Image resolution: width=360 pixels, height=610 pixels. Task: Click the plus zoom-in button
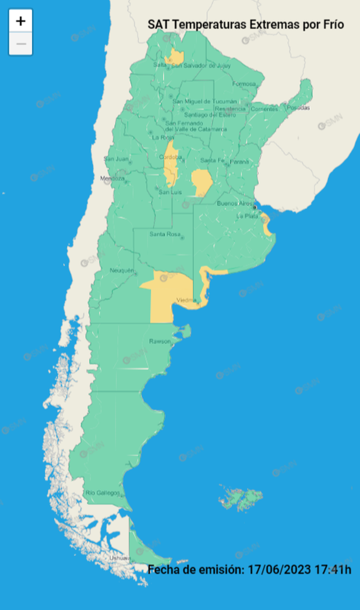(21, 21)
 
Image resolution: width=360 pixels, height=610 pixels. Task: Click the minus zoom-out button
(21, 44)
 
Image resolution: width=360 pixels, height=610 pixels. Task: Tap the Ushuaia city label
(120, 557)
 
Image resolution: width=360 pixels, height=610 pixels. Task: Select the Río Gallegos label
(103, 493)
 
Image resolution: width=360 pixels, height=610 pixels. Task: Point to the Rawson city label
(159, 342)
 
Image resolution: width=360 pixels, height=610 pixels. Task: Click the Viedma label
(186, 300)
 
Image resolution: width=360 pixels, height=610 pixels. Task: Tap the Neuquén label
(122, 270)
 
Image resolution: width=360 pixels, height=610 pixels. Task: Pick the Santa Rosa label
(165, 234)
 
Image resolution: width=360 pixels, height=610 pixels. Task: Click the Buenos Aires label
(234, 204)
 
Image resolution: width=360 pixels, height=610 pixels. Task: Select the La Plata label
(247, 216)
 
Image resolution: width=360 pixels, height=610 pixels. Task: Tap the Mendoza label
(113, 178)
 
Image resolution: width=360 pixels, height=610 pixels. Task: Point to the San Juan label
(116, 159)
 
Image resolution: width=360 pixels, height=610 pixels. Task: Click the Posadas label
(298, 107)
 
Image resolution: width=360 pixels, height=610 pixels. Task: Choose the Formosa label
(243, 84)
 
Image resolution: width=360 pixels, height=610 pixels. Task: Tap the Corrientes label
(263, 109)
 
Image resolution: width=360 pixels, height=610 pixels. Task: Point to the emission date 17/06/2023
(281, 569)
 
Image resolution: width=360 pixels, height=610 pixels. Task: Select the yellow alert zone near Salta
(175, 56)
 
